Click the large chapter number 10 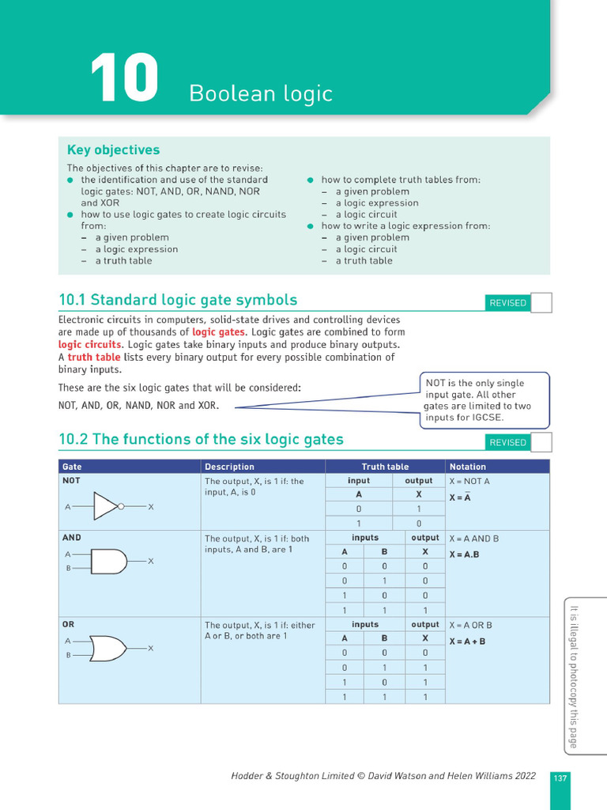(124, 79)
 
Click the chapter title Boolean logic (261, 93)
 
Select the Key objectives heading (113, 150)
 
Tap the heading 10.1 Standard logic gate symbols (178, 300)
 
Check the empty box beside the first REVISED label (541, 302)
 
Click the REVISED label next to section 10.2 (507, 442)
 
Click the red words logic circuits (90, 345)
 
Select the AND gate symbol (108, 562)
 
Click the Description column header (229, 467)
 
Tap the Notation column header (467, 467)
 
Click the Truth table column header (385, 467)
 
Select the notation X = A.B (464, 555)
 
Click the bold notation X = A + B (467, 642)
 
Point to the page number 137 (560, 778)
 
